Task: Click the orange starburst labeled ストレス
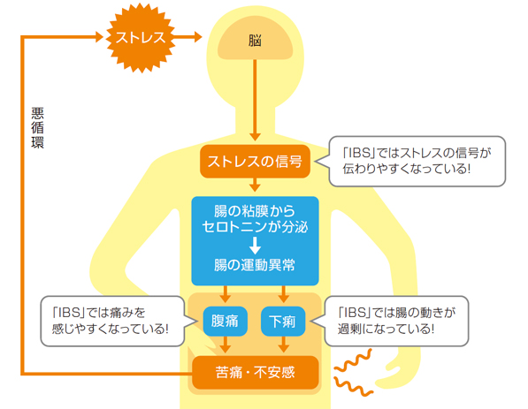point(141,38)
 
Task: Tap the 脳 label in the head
point(255,41)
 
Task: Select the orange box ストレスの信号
point(255,162)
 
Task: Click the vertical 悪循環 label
point(37,128)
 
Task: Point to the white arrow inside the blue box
point(255,246)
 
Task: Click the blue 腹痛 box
point(226,322)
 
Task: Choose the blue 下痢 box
point(283,322)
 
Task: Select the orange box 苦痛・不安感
point(256,372)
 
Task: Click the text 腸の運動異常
point(255,265)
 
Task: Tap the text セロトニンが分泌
point(255,227)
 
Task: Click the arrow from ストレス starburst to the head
point(188,37)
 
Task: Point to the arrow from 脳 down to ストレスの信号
point(255,100)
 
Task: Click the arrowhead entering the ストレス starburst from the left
point(99,37)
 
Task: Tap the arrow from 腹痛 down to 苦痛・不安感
point(226,345)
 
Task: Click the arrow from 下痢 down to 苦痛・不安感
point(284,345)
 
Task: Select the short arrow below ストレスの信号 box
point(255,185)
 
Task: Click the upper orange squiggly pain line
point(354,360)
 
